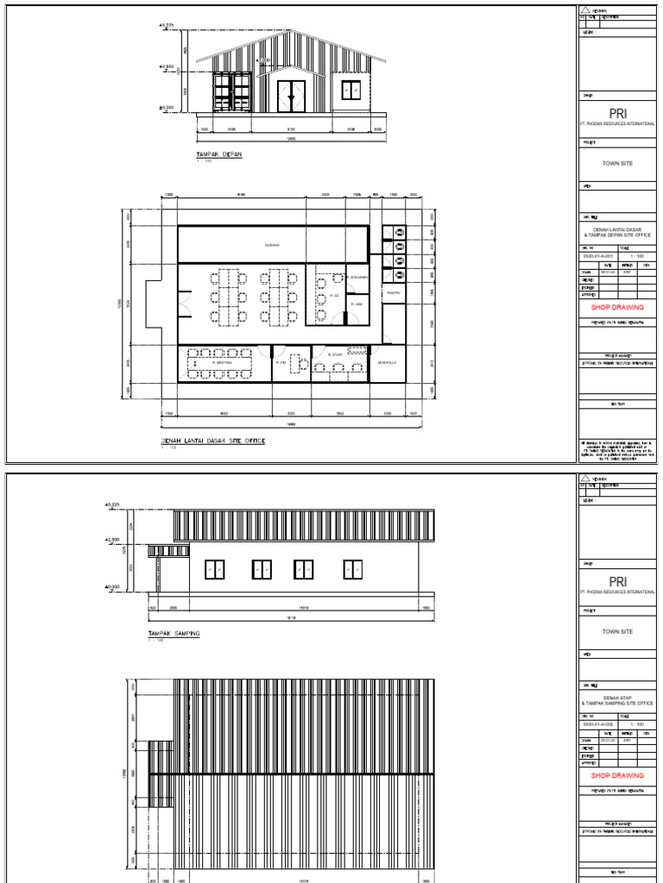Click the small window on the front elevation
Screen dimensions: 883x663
tap(350, 90)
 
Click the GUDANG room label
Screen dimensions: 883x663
tap(272, 245)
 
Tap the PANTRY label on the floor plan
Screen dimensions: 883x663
tap(393, 293)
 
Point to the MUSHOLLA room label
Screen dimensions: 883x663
tap(388, 363)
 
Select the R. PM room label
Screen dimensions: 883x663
tap(281, 363)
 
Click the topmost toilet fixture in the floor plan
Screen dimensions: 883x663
tap(399, 232)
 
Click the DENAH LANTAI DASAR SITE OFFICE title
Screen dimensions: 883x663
tap(213, 441)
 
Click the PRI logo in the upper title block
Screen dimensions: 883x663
tap(617, 112)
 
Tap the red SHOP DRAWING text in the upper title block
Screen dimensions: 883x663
tap(617, 307)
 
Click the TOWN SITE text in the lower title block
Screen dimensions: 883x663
tap(617, 632)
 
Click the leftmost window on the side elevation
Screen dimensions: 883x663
tap(215, 569)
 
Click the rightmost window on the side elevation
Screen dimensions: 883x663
tap(352, 569)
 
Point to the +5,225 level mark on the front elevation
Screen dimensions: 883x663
tap(165, 25)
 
